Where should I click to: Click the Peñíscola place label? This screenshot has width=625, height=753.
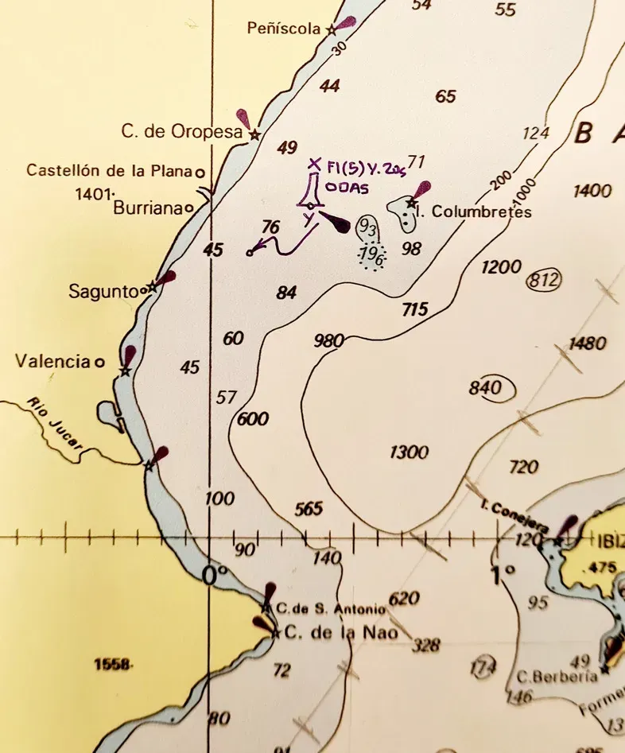coord(285,29)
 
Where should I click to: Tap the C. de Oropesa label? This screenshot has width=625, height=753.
coord(181,132)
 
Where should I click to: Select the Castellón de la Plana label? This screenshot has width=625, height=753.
coord(110,170)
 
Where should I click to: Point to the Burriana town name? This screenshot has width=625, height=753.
coord(147,208)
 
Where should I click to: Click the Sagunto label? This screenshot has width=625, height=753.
coord(103,292)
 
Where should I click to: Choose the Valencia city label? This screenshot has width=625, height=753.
coord(52,362)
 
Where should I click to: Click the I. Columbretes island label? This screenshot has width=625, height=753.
coord(473,212)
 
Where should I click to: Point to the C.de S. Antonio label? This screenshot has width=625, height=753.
coord(331,609)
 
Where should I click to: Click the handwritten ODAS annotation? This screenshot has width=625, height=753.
coord(348,189)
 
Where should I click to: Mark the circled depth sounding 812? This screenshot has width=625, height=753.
coord(544,280)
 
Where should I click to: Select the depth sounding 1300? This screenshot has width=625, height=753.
coord(409,452)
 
